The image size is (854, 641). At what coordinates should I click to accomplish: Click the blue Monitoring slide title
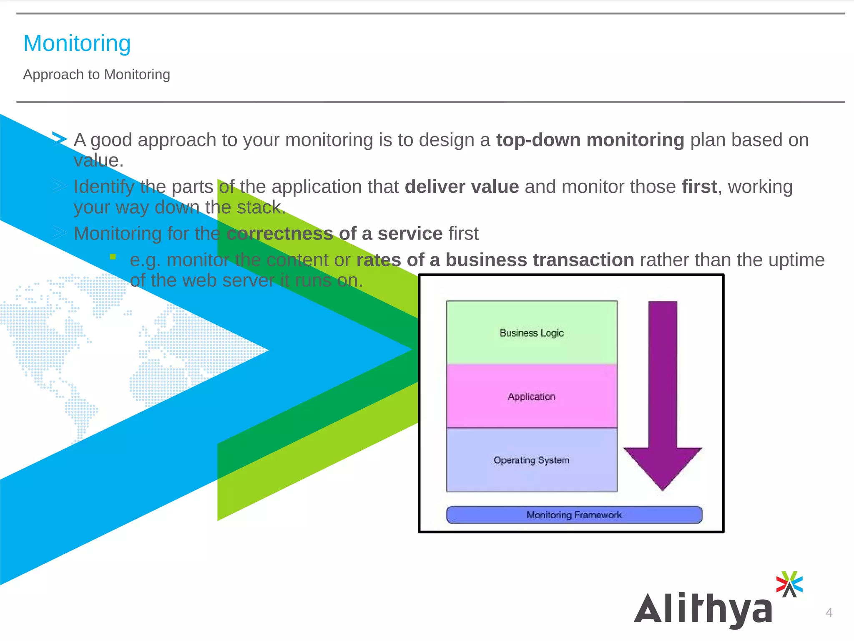[x=77, y=43]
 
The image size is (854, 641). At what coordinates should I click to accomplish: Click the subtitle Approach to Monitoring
[x=96, y=75]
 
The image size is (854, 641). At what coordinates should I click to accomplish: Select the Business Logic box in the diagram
[x=532, y=333]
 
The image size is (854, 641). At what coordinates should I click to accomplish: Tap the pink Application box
[x=532, y=396]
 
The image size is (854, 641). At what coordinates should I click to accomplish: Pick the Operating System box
[x=532, y=460]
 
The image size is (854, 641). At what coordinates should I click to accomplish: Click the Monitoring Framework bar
[x=574, y=515]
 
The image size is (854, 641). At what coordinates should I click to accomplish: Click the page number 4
[x=829, y=612]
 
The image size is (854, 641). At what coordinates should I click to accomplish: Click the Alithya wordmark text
[x=703, y=609]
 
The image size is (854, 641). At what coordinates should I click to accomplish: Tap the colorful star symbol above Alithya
[x=789, y=584]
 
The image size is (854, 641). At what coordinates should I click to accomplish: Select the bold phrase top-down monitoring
[x=590, y=140]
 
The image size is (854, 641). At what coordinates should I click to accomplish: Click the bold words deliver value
[x=462, y=187]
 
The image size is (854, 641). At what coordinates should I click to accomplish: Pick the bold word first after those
[x=699, y=187]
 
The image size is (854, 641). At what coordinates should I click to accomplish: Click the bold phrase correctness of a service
[x=334, y=234]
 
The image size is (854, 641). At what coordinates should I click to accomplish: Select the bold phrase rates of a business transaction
[x=495, y=260]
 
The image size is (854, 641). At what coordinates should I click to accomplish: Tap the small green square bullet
[x=113, y=257]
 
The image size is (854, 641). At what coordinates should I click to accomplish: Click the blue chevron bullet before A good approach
[x=59, y=139]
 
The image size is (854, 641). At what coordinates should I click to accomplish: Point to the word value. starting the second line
[x=98, y=161]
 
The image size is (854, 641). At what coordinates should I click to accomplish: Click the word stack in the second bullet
[x=259, y=207]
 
